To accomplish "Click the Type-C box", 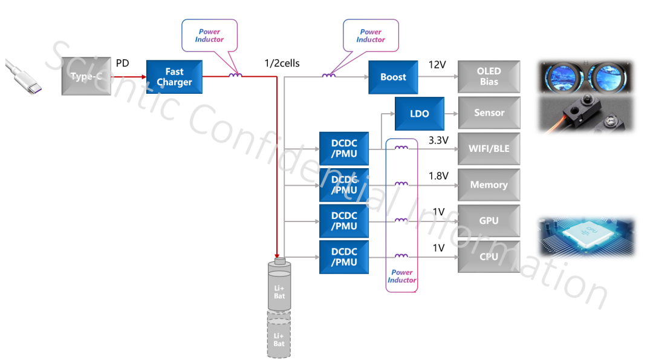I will point(86,76).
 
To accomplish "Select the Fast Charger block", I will point(174,77).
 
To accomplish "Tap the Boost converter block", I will point(393,77).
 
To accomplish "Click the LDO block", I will point(419,113).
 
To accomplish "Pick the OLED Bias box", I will point(489,76).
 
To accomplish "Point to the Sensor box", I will point(489,113).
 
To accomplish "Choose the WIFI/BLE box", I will point(489,149).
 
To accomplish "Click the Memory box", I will point(489,185).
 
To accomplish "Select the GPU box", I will point(489,221).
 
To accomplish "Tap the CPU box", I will point(489,257).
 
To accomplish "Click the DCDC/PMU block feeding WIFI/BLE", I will point(344,148).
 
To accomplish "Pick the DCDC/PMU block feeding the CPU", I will point(344,257).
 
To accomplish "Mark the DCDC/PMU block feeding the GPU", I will point(344,221).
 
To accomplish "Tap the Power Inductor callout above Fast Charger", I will point(209,34).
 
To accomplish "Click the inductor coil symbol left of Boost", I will point(329,76).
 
